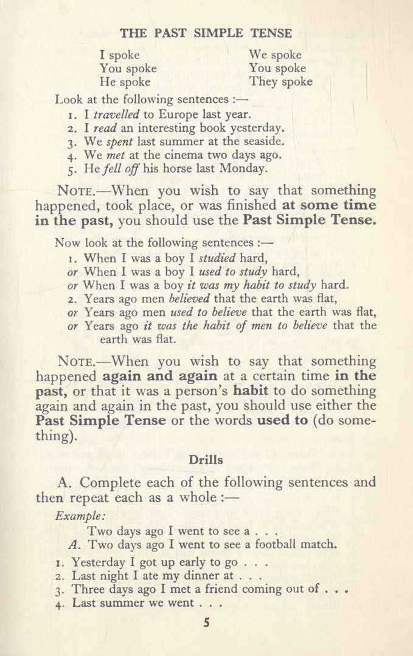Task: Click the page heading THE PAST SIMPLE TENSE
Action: (x=206, y=33)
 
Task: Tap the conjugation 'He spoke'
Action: (x=125, y=81)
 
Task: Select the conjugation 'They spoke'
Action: (x=280, y=81)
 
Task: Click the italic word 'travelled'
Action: (x=117, y=114)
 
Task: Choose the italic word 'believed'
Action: (x=189, y=298)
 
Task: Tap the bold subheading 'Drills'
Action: (x=206, y=460)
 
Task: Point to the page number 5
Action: (x=207, y=622)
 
